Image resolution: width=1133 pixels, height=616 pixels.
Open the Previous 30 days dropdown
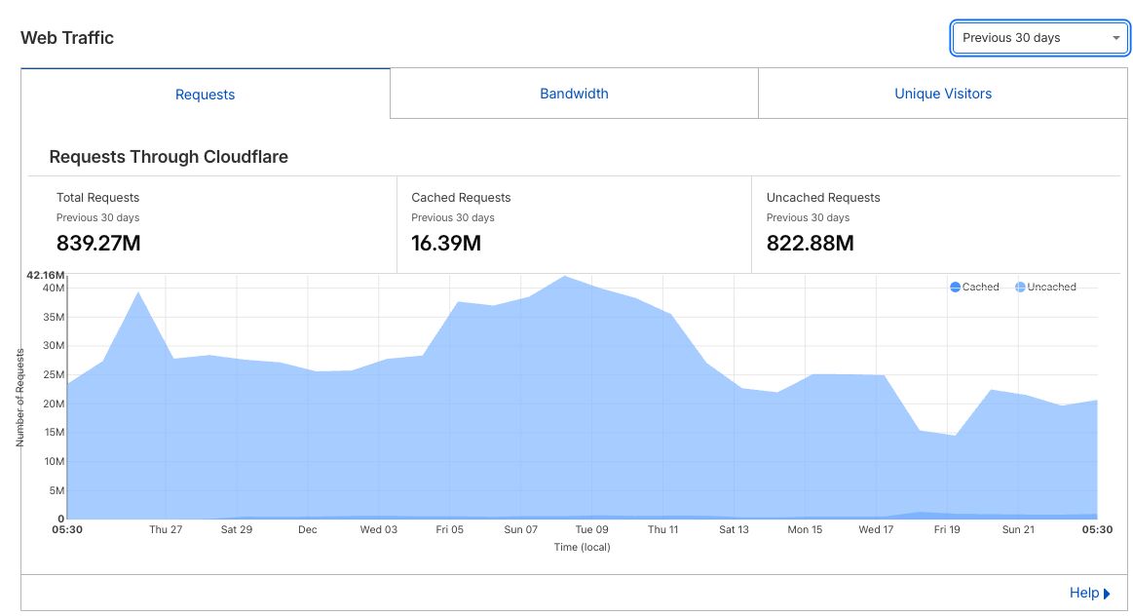tap(1039, 38)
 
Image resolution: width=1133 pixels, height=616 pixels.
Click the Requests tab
tap(205, 95)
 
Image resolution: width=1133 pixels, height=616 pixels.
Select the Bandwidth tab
tap(574, 94)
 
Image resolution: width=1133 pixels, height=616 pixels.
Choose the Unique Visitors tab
tap(943, 94)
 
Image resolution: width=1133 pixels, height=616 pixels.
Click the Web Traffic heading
tap(67, 38)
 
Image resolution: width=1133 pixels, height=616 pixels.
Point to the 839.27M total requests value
tap(98, 243)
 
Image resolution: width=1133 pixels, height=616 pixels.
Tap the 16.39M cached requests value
tap(446, 243)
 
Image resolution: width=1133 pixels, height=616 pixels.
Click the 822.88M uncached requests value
tap(810, 243)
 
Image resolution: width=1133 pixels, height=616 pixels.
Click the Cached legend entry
tap(974, 287)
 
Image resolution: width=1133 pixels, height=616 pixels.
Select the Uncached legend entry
tap(1045, 287)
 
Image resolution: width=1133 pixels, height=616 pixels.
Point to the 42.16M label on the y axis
tap(47, 276)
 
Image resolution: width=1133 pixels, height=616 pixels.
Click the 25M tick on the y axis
tap(53, 374)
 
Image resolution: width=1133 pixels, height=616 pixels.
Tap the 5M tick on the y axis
tap(57, 490)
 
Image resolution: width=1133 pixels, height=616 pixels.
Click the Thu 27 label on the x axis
tap(166, 529)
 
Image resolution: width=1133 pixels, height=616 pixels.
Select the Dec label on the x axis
tap(308, 529)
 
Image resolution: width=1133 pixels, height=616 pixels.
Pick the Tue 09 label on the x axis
tap(591, 529)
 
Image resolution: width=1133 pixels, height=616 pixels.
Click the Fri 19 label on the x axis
tap(947, 529)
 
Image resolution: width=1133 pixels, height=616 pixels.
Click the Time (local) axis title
tap(582, 547)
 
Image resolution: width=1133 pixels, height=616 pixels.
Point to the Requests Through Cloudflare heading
tap(169, 156)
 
